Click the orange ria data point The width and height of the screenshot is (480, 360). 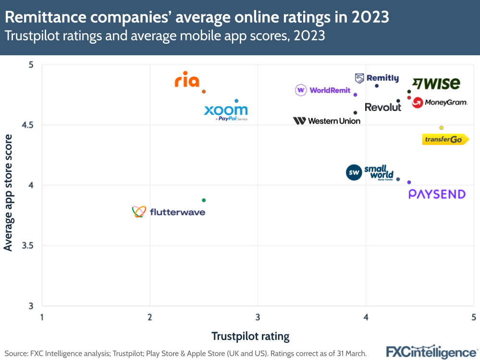204,91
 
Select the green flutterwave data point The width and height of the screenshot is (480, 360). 204,200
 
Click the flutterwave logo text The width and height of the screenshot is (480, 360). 177,212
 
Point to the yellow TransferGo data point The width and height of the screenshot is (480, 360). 441,128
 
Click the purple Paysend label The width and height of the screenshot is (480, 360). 437,194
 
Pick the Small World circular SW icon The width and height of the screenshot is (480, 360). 354,172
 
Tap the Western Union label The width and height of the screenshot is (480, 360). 327,121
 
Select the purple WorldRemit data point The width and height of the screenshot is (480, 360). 355,95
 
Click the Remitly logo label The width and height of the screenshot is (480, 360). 377,78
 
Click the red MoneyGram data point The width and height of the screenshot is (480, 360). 409,98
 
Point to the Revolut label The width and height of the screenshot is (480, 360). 383,107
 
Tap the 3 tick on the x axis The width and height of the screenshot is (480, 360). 258,317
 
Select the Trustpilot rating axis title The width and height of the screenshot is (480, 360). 250,336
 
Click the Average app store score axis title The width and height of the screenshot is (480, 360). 8,192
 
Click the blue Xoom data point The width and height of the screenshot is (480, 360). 236,101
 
